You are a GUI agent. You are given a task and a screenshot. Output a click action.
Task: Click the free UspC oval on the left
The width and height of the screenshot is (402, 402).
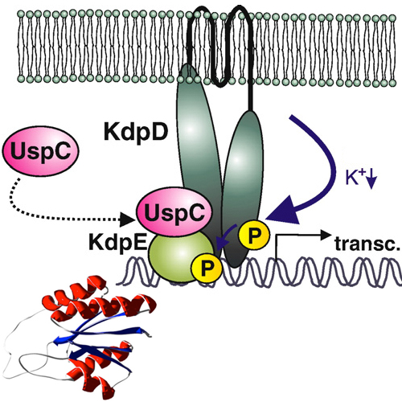(x=41, y=151)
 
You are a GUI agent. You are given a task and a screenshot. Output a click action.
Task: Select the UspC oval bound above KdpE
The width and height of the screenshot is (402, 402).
(x=174, y=211)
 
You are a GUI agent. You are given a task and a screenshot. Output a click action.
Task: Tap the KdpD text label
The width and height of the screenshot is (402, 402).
(x=136, y=132)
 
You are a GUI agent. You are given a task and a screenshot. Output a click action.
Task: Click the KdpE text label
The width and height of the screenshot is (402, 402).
(x=118, y=243)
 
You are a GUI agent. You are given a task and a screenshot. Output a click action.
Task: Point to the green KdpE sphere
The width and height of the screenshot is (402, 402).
(x=180, y=256)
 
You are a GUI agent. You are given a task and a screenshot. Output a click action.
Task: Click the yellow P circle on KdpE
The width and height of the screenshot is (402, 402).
(x=207, y=267)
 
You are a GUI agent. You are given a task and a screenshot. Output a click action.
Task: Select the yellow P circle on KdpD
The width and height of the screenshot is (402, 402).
(x=254, y=234)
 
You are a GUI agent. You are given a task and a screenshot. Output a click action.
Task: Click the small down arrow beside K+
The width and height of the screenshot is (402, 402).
(x=372, y=180)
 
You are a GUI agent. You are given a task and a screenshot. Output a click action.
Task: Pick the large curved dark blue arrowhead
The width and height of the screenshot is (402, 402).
(x=284, y=211)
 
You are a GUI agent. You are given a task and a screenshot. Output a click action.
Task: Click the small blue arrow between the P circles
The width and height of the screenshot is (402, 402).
(x=225, y=237)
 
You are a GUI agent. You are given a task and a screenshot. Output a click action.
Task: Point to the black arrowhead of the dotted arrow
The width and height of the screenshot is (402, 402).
(x=127, y=219)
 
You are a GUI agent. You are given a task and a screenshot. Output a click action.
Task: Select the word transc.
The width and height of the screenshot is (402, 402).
(x=367, y=244)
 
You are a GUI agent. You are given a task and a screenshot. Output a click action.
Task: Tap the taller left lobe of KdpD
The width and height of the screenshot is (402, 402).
(x=199, y=150)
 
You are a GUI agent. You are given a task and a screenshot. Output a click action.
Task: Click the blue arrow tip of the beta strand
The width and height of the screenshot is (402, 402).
(x=57, y=341)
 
